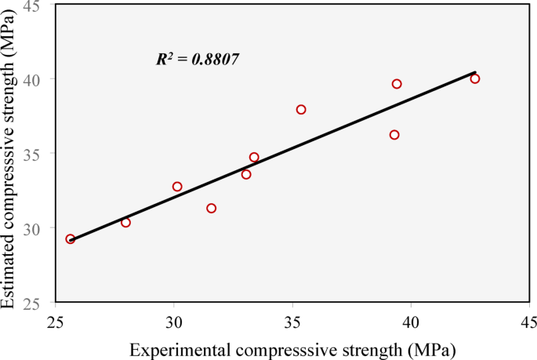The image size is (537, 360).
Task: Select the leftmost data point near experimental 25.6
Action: coord(71,239)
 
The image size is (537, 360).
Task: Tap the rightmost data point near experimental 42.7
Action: coord(475,78)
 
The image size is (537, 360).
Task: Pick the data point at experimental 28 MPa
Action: coord(125,223)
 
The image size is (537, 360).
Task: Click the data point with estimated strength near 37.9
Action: coord(301,110)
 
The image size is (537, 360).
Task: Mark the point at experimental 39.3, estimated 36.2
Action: coord(394,135)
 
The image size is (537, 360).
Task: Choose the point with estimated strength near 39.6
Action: coord(397,84)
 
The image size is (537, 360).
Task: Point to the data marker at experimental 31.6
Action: coord(211,209)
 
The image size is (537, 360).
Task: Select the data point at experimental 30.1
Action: coord(177,187)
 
